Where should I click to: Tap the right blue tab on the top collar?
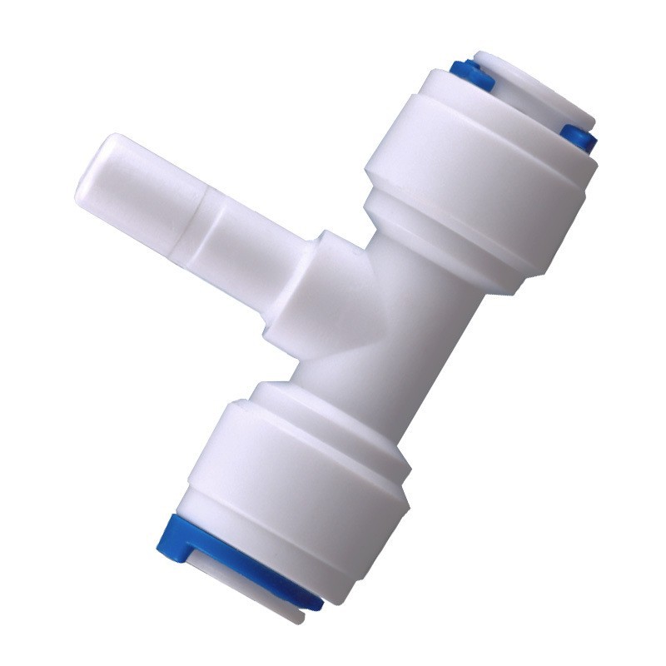coord(579,137)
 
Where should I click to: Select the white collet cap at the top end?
coord(533,87)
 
